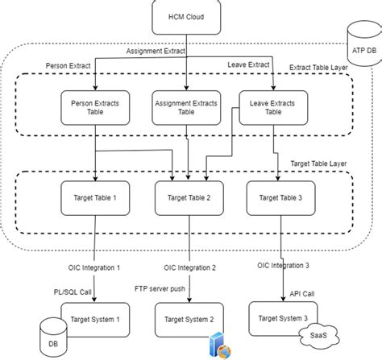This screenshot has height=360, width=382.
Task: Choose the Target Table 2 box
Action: coord(188,198)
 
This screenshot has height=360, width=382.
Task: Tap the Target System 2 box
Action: coord(189,320)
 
